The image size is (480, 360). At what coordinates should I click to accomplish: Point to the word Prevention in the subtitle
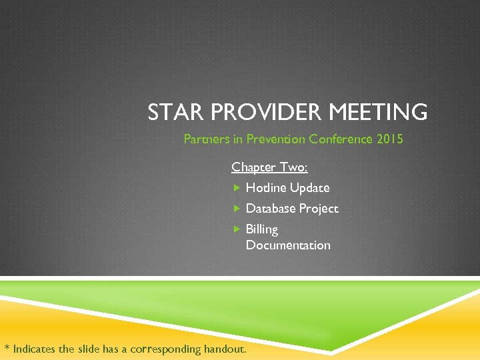click(276, 139)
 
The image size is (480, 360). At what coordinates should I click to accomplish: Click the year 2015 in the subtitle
click(390, 139)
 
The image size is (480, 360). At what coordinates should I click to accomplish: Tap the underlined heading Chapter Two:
click(269, 167)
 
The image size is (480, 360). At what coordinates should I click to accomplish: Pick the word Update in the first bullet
click(310, 188)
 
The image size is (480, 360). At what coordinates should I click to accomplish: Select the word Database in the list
click(271, 209)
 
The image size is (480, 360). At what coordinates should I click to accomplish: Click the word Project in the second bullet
click(319, 209)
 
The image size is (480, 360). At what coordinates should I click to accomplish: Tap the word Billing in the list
click(262, 229)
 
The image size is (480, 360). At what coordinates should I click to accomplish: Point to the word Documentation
click(288, 245)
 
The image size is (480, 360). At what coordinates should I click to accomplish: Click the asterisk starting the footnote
click(7, 347)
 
